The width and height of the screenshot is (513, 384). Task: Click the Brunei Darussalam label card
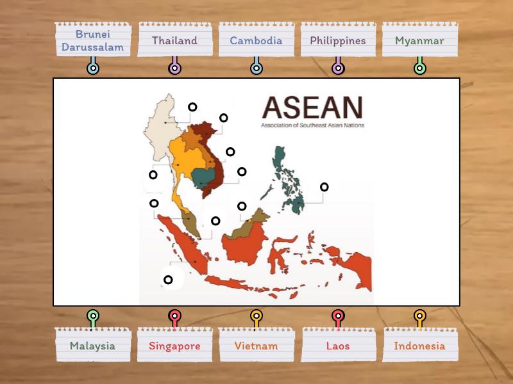click(93, 40)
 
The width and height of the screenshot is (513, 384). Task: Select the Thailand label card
click(174, 40)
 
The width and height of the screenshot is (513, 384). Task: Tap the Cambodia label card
click(256, 40)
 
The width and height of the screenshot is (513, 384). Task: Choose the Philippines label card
click(338, 40)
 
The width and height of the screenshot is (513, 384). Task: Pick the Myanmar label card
click(420, 40)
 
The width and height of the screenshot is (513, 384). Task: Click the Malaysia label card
click(93, 346)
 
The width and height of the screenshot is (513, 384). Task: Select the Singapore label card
click(174, 346)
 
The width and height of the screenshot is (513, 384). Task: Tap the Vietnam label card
click(256, 346)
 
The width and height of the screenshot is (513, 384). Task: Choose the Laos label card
click(338, 346)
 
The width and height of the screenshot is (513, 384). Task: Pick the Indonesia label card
click(419, 346)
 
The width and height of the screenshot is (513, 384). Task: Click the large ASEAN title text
click(312, 108)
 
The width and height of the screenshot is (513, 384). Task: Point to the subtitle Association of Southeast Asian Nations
click(312, 125)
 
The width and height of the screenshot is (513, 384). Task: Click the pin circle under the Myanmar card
click(420, 68)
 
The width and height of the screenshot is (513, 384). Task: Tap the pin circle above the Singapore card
click(174, 316)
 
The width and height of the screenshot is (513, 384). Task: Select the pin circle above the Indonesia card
click(419, 316)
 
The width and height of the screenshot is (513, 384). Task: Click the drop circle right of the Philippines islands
click(324, 187)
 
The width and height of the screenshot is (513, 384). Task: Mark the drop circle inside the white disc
click(168, 280)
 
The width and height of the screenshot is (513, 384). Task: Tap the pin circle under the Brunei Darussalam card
click(93, 68)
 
